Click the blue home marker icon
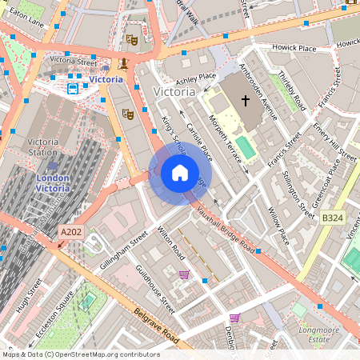tap(180, 173)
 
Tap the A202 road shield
tap(70, 233)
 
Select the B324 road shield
tap(333, 217)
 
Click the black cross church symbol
tap(245, 101)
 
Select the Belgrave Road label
tap(157, 326)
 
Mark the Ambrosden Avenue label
tap(259, 92)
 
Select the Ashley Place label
tap(196, 78)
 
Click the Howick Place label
tap(294, 49)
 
